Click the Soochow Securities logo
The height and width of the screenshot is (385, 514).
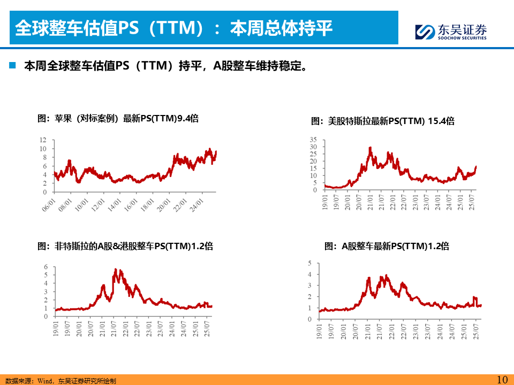[x=451, y=32]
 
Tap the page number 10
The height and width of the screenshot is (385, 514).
[x=502, y=380]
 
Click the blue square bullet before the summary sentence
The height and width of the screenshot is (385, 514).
[x=12, y=66]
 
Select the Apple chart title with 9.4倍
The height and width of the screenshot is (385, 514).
[x=118, y=118]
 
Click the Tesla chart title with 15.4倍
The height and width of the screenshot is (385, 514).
[x=383, y=121]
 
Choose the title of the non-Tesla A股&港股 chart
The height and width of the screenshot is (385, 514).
[x=125, y=247]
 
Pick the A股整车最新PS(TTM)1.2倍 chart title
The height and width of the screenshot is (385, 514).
[x=387, y=247]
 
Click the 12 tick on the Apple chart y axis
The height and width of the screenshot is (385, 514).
[x=43, y=140]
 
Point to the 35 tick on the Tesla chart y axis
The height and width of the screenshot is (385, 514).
[x=313, y=139]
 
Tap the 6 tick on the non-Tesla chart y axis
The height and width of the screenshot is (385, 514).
[x=46, y=266]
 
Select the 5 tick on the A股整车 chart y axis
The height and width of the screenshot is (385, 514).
[x=309, y=263]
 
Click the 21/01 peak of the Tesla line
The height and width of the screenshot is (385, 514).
[x=370, y=148]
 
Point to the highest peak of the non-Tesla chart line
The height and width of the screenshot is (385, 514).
[x=117, y=269]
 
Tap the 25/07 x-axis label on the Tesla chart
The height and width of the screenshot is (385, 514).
[x=472, y=203]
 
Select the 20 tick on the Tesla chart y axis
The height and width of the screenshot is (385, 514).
[x=313, y=161]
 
